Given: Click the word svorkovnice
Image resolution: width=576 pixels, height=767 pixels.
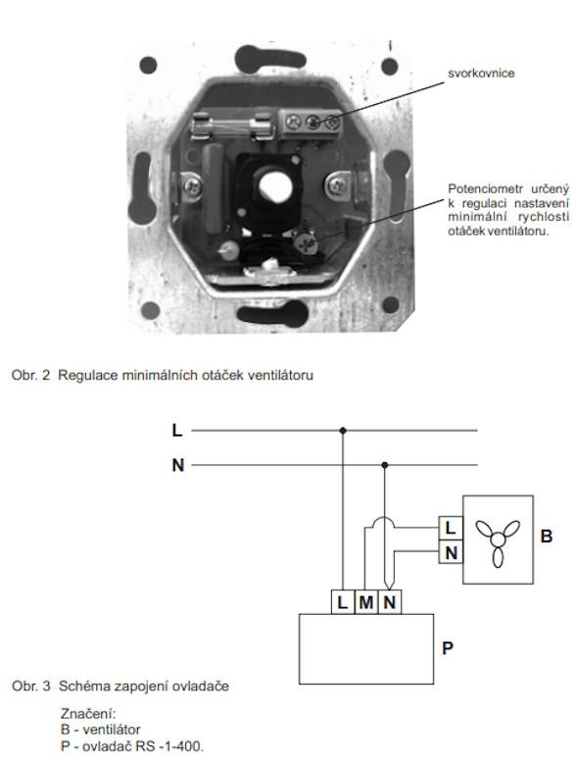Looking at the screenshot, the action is [481, 74].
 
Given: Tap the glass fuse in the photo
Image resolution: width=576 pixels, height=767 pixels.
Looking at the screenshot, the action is [232, 127].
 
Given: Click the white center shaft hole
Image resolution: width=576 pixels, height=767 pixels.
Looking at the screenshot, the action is [275, 186].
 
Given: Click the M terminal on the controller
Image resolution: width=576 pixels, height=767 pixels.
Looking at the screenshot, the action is [366, 602].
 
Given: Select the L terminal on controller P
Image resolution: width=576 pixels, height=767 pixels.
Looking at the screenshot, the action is [343, 602].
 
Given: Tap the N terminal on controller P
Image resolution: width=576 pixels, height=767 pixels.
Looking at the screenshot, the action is [389, 602].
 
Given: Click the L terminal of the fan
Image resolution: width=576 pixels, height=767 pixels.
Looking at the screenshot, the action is [451, 529].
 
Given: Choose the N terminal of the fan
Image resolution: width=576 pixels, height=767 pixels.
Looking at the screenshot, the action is [451, 552].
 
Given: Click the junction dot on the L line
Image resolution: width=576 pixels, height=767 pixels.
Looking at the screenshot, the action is [343, 431].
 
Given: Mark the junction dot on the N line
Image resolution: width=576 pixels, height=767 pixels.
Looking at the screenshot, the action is [385, 465].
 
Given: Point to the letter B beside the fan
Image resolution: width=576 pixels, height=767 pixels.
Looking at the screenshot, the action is [547, 537].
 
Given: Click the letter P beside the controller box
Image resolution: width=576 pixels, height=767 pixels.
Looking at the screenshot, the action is [447, 648].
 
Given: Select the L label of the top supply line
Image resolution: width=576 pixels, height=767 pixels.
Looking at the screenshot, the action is [177, 431].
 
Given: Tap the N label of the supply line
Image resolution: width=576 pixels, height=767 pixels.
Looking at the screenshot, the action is [178, 465].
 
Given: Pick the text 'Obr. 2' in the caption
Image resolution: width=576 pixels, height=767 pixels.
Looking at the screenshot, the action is [30, 376].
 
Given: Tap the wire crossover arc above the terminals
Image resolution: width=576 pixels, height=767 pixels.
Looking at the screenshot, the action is [384, 518].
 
